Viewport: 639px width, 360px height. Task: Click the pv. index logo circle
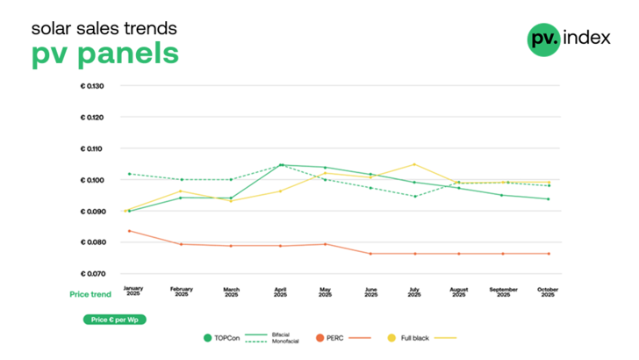tap(543, 39)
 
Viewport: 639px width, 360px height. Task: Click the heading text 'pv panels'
tap(105, 53)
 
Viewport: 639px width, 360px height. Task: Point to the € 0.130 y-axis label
tap(92, 86)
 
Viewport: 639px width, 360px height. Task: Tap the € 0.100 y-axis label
tap(92, 180)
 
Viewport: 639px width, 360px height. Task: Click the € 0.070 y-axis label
tap(92, 274)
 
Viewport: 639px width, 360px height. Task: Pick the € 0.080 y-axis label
tap(92, 242)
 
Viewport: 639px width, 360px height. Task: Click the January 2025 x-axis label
tap(132, 292)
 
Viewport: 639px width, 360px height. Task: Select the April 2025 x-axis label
tap(281, 292)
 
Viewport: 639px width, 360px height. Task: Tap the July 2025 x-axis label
tap(413, 292)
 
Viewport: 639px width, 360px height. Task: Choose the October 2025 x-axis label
tap(548, 292)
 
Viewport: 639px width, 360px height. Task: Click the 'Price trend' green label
tap(90, 293)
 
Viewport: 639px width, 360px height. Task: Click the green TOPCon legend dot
tap(207, 337)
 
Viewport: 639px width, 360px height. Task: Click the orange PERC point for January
tap(130, 231)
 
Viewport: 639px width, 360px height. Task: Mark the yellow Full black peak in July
tap(413, 164)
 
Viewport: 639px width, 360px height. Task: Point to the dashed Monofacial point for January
tap(130, 174)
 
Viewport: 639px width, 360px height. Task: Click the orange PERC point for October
tap(549, 254)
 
